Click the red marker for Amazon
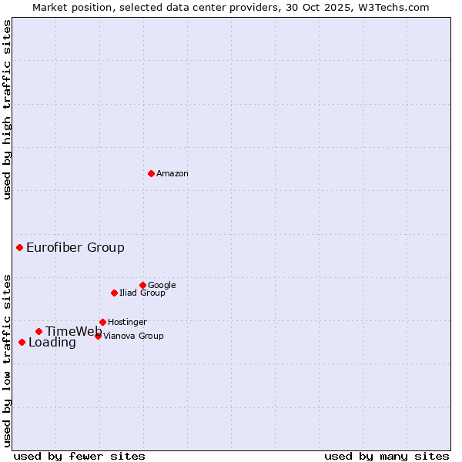(151, 173)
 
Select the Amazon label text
(172, 174)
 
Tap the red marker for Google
(142, 285)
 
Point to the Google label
(162, 286)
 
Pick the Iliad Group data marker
(114, 293)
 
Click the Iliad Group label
(142, 293)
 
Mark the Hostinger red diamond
(102, 322)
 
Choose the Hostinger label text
(127, 323)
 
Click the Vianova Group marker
(98, 336)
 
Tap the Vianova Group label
(133, 336)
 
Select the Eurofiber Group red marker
(19, 247)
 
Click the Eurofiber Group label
(75, 248)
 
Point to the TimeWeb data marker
(38, 331)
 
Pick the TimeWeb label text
(73, 332)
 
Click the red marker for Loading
(22, 342)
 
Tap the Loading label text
(52, 343)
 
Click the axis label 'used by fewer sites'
(79, 456)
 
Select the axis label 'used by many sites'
(387, 456)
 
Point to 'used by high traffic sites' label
(7, 109)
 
